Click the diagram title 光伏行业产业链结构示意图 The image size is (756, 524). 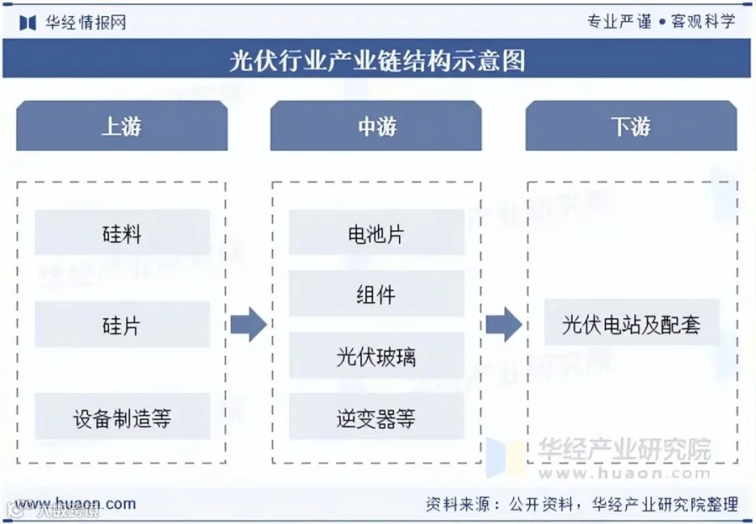tap(377, 60)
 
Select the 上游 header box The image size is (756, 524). tap(122, 127)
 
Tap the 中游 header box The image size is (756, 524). tap(376, 127)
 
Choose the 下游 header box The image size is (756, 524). tap(631, 127)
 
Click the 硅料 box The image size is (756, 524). tap(122, 233)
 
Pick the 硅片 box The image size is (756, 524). tap(122, 325)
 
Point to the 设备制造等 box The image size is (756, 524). tap(122, 417)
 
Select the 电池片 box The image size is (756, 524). tap(376, 233)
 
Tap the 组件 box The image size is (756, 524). tap(376, 295)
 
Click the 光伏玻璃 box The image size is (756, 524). tap(376, 356)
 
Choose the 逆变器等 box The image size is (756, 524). tap(376, 417)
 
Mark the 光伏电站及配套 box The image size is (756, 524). tap(631, 323)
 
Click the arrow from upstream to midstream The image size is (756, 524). tap(248, 324)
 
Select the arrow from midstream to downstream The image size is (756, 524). tap(503, 324)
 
